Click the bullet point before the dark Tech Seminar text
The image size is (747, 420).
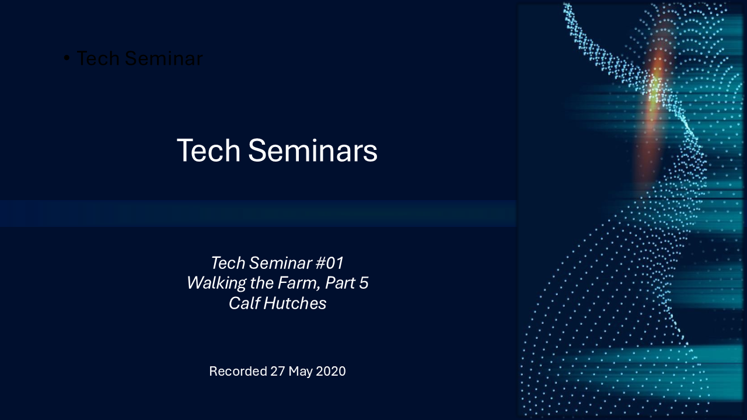(67, 58)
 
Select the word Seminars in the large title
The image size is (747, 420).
(312, 150)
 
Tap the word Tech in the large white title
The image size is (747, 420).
(208, 150)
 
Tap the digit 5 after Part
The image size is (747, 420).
(364, 283)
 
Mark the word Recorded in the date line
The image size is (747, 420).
(238, 371)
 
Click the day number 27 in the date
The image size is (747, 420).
(278, 371)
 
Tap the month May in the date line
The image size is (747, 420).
(301, 372)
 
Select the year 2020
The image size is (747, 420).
(331, 371)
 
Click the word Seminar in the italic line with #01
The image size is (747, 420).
(280, 263)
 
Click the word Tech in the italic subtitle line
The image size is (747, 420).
(228, 263)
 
